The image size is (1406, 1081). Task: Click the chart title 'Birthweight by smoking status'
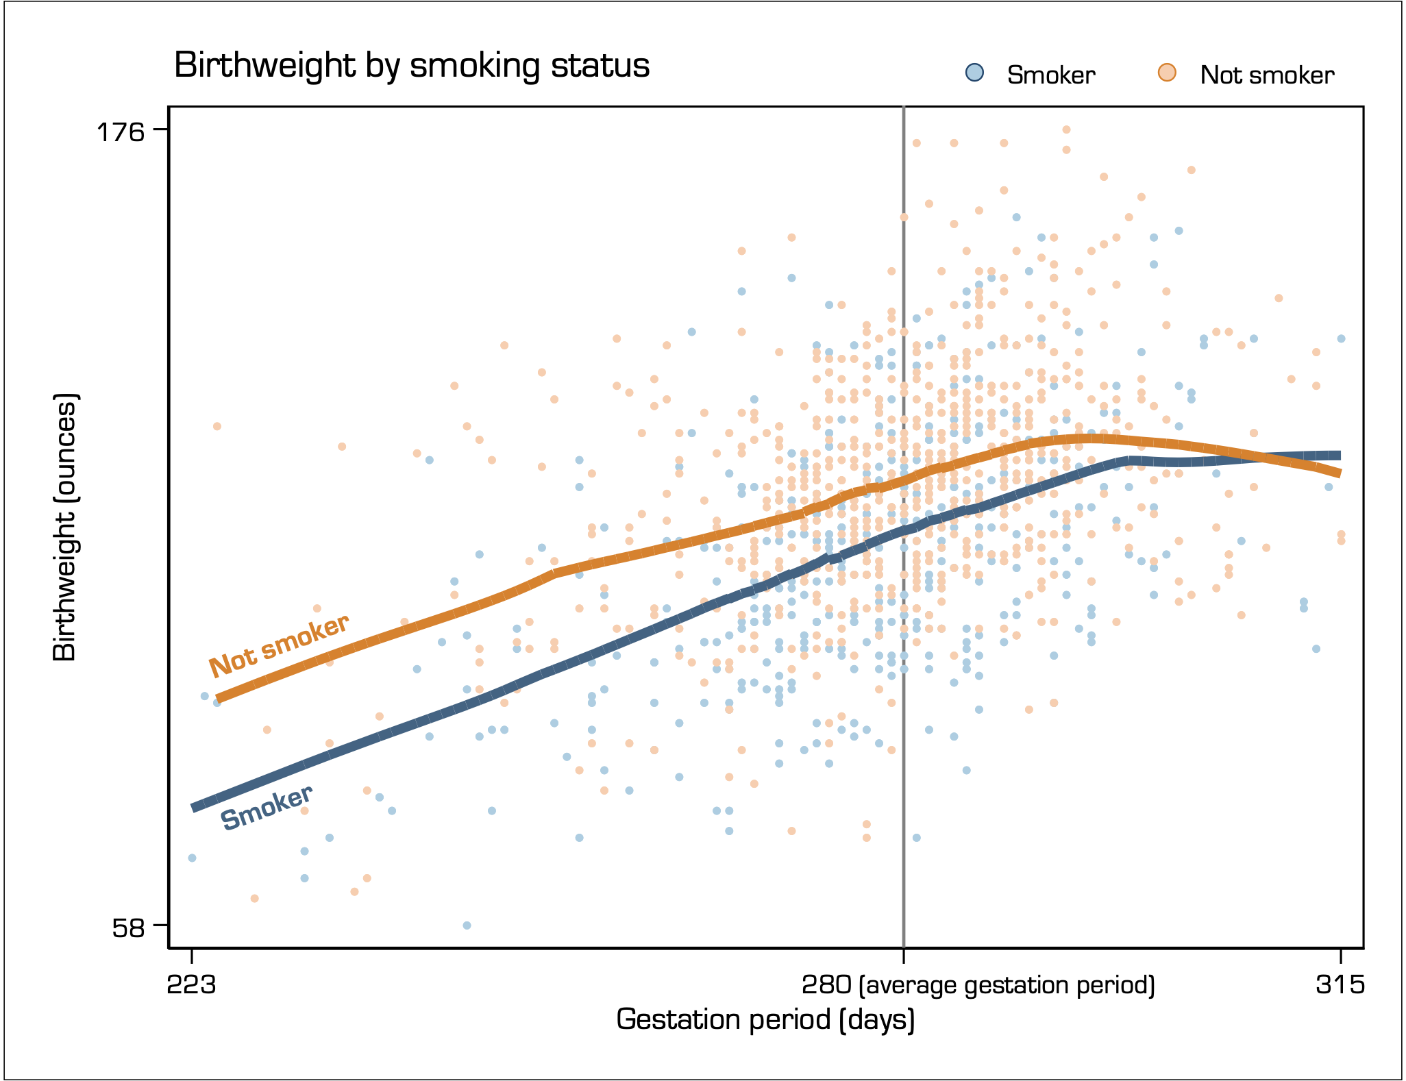tap(412, 66)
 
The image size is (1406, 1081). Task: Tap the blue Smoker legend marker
tap(974, 73)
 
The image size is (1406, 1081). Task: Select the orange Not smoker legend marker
tap(1167, 73)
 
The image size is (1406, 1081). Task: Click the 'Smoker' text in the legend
tap(1051, 75)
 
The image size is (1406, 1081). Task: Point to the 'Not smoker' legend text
tap(1267, 75)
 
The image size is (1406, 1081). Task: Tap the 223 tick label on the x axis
tap(192, 985)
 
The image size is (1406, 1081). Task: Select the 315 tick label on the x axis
tap(1340, 985)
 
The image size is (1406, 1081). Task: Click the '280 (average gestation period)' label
tap(978, 985)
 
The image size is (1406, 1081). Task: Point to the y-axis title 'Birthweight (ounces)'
tap(65, 527)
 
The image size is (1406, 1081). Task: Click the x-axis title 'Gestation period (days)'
tap(765, 1019)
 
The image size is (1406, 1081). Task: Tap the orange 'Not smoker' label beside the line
tap(280, 645)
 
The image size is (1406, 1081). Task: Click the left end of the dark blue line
tap(193, 808)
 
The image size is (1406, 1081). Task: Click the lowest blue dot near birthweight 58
tap(467, 925)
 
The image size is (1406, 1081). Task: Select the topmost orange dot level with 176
tap(1066, 129)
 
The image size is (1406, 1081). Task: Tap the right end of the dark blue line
tap(1340, 456)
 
